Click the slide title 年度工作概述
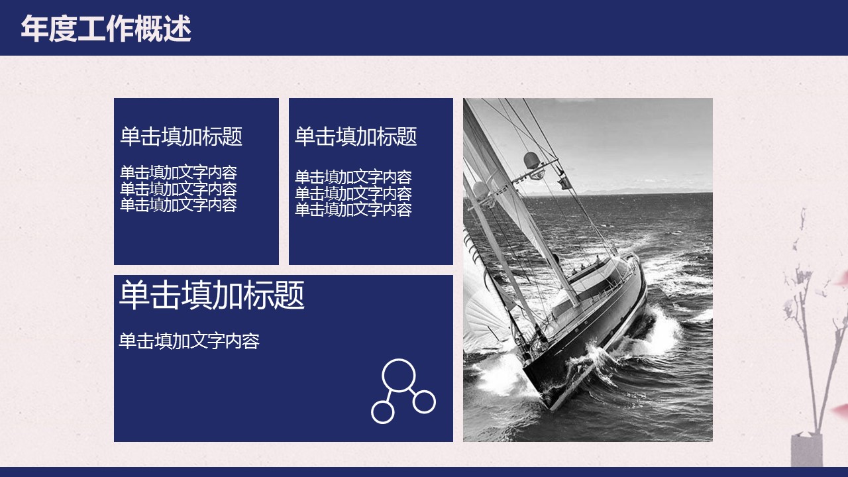click(x=106, y=28)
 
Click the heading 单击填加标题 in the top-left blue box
click(x=182, y=136)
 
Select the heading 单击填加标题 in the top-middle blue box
click(x=356, y=136)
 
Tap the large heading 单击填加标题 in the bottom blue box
click(x=211, y=295)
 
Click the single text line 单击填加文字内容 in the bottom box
click(x=189, y=341)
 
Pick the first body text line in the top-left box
click(x=178, y=173)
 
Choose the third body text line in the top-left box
click(x=178, y=205)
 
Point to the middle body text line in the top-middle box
click(x=353, y=193)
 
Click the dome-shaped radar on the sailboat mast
click(x=531, y=160)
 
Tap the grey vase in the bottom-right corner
click(x=807, y=450)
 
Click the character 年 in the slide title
click(x=34, y=28)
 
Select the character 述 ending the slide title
click(x=177, y=28)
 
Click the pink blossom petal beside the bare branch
click(x=841, y=280)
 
